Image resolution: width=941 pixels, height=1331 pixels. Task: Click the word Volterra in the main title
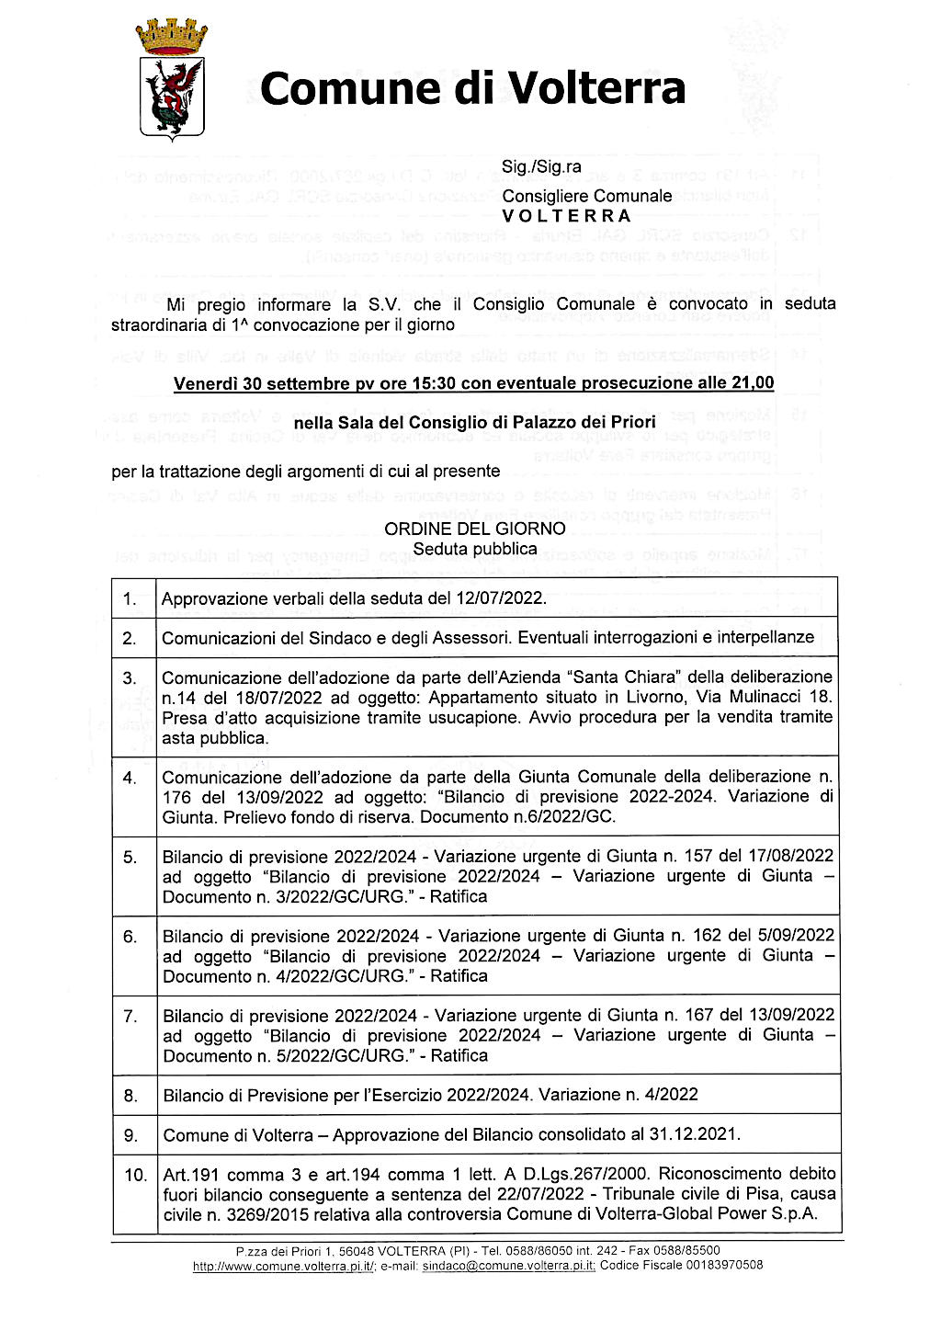(x=597, y=89)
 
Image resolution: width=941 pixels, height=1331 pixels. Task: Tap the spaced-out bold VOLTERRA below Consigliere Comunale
(x=567, y=216)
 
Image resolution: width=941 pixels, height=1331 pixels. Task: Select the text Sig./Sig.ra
(x=541, y=167)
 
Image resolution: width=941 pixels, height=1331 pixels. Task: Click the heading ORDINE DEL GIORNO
(x=474, y=529)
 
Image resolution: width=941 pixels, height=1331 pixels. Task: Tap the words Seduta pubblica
(x=474, y=549)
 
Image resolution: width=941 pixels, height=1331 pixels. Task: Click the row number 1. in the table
(x=130, y=599)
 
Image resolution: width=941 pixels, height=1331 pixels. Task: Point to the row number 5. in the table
(x=130, y=857)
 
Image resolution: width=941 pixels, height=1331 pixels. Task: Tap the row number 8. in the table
(x=130, y=1095)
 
